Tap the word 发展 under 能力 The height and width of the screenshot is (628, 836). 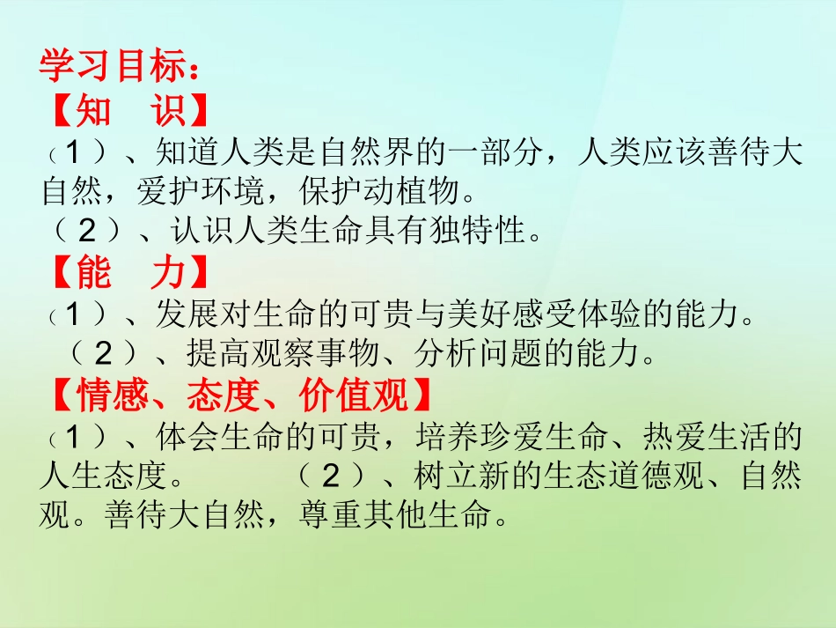[x=187, y=313]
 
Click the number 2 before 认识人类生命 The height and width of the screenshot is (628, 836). [x=87, y=231]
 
